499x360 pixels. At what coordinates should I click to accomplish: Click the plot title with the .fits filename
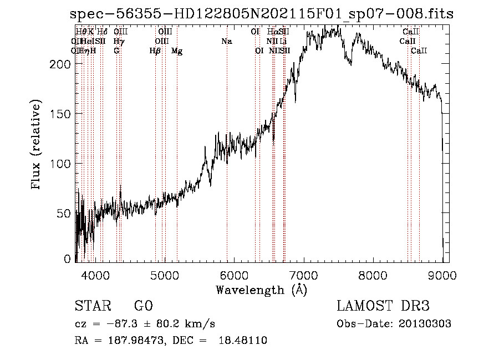click(262, 14)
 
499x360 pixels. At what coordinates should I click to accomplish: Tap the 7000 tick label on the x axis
click(303, 274)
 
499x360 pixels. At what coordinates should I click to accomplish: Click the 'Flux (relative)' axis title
click(37, 146)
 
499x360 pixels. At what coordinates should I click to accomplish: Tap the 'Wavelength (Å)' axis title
click(261, 290)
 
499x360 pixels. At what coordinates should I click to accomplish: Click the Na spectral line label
click(226, 42)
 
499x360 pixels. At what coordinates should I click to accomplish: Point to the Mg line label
click(177, 51)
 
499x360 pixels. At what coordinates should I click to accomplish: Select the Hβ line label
click(155, 51)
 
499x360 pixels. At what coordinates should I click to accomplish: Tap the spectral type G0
click(143, 306)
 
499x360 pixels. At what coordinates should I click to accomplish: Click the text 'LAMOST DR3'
click(383, 306)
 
